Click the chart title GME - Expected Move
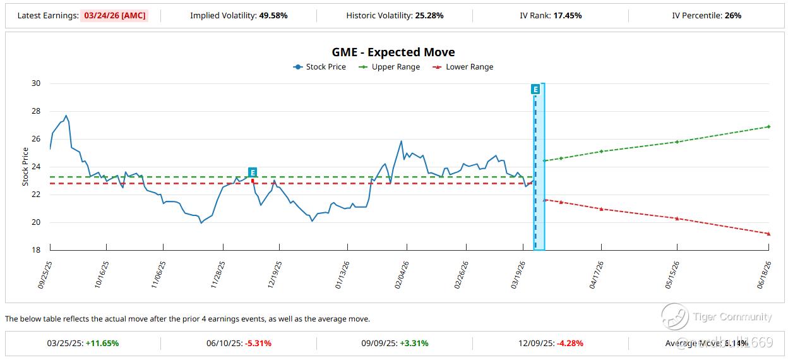click(393, 52)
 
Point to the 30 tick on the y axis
click(35, 83)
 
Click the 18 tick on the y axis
click(35, 250)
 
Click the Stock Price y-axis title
click(26, 167)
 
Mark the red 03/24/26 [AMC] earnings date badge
click(114, 16)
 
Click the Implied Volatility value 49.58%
click(273, 16)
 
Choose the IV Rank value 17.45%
click(568, 16)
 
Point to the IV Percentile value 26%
click(733, 16)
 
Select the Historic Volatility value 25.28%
click(429, 16)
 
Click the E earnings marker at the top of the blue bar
click(535, 90)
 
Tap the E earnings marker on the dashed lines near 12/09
click(253, 172)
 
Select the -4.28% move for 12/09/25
click(570, 344)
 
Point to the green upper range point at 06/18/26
click(768, 127)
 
